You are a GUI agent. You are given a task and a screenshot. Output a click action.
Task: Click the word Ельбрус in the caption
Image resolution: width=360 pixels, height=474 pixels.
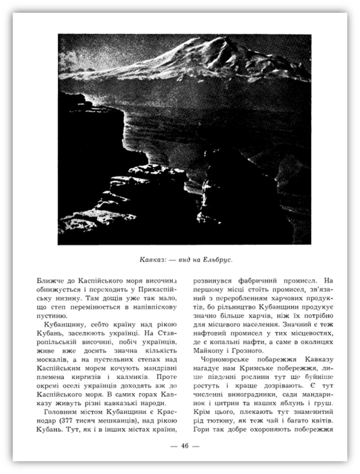pyautogui.click(x=217, y=259)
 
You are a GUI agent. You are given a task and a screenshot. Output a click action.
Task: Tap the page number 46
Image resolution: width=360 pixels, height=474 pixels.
pyautogui.click(x=185, y=446)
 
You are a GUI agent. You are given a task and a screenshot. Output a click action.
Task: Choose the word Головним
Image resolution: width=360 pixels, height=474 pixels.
pyautogui.click(x=60, y=412)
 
